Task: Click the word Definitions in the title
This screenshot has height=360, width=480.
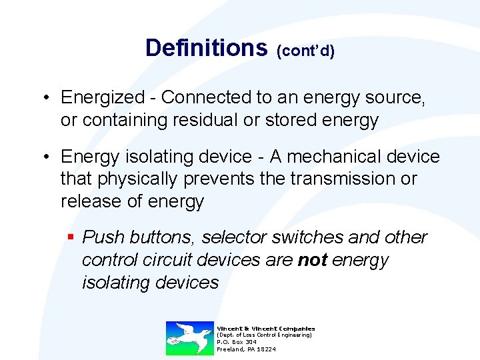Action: point(205,48)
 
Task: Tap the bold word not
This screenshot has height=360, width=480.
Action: point(312,260)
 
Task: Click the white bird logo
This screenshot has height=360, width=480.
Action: point(189,337)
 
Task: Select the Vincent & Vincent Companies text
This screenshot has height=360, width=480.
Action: point(265,328)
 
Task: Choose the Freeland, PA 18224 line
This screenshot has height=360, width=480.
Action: point(246,349)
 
